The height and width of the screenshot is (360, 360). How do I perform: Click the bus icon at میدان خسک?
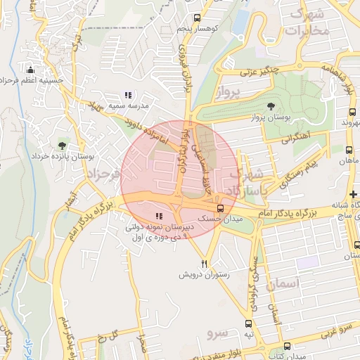click(x=221, y=208)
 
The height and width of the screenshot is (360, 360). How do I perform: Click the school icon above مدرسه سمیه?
click(x=128, y=95)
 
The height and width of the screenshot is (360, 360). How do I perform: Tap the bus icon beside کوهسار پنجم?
click(x=197, y=18)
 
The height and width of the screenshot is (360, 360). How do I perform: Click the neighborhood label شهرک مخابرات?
click(x=309, y=22)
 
